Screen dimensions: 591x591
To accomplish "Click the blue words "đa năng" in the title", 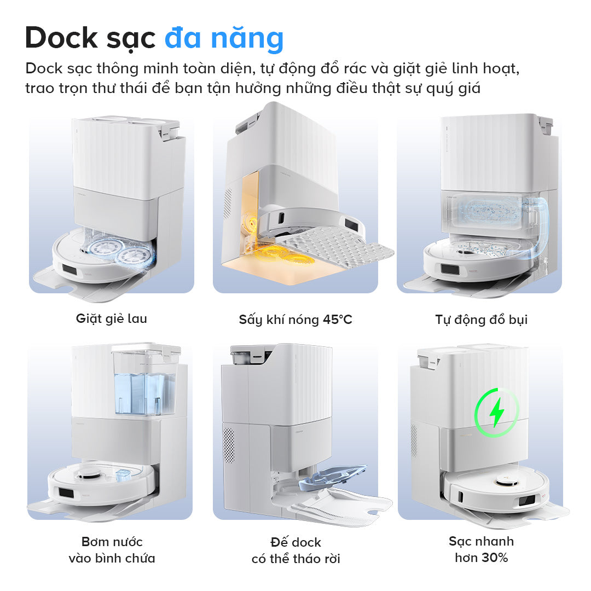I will (x=224, y=38).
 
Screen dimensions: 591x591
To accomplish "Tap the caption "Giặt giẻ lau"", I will (x=112, y=318).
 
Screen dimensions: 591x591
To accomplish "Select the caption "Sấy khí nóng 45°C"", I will (x=296, y=320).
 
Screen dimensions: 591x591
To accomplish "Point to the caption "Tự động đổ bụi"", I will (x=482, y=320).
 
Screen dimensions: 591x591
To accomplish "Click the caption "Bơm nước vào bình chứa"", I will (x=112, y=550).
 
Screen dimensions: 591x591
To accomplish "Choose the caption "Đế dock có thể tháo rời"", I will (x=296, y=551).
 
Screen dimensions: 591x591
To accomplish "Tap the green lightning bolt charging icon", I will (x=497, y=412).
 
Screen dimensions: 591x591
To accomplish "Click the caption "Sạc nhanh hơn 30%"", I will (x=482, y=549).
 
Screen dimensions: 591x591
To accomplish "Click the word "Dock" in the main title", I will (x=61, y=38).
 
